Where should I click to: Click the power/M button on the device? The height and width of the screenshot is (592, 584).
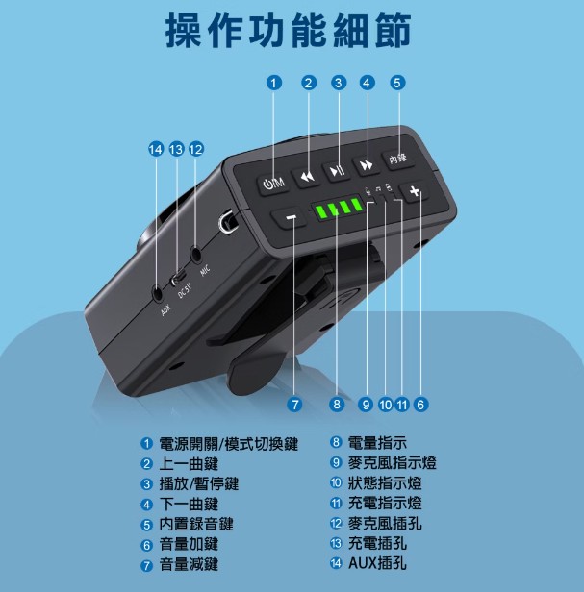coord(273,184)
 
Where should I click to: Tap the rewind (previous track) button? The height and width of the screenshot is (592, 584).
coord(307,177)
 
